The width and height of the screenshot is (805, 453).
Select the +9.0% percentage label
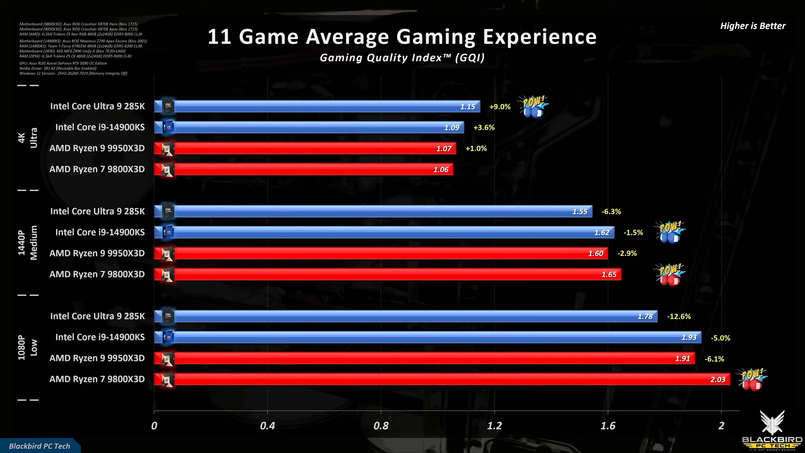tap(500, 107)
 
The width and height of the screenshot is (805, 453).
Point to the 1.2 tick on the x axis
tap(494, 426)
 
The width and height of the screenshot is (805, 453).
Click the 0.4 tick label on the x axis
tap(267, 426)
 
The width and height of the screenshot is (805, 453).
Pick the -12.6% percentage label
tap(679, 316)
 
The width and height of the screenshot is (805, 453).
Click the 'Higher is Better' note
tap(753, 26)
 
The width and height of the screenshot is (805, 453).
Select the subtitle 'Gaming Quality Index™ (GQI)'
tap(402, 58)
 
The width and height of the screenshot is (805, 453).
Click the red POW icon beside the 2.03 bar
tap(751, 380)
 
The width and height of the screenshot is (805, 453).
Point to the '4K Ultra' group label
tap(27, 138)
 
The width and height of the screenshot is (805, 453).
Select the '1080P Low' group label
tap(27, 347)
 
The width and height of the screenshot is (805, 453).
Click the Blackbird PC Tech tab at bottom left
tap(39, 446)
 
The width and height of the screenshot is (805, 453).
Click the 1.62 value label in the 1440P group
tap(602, 233)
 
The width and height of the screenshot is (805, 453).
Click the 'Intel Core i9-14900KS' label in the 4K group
tap(100, 127)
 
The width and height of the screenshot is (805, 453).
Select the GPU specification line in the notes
tap(63, 63)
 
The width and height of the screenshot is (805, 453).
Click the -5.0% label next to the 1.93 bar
tap(720, 338)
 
